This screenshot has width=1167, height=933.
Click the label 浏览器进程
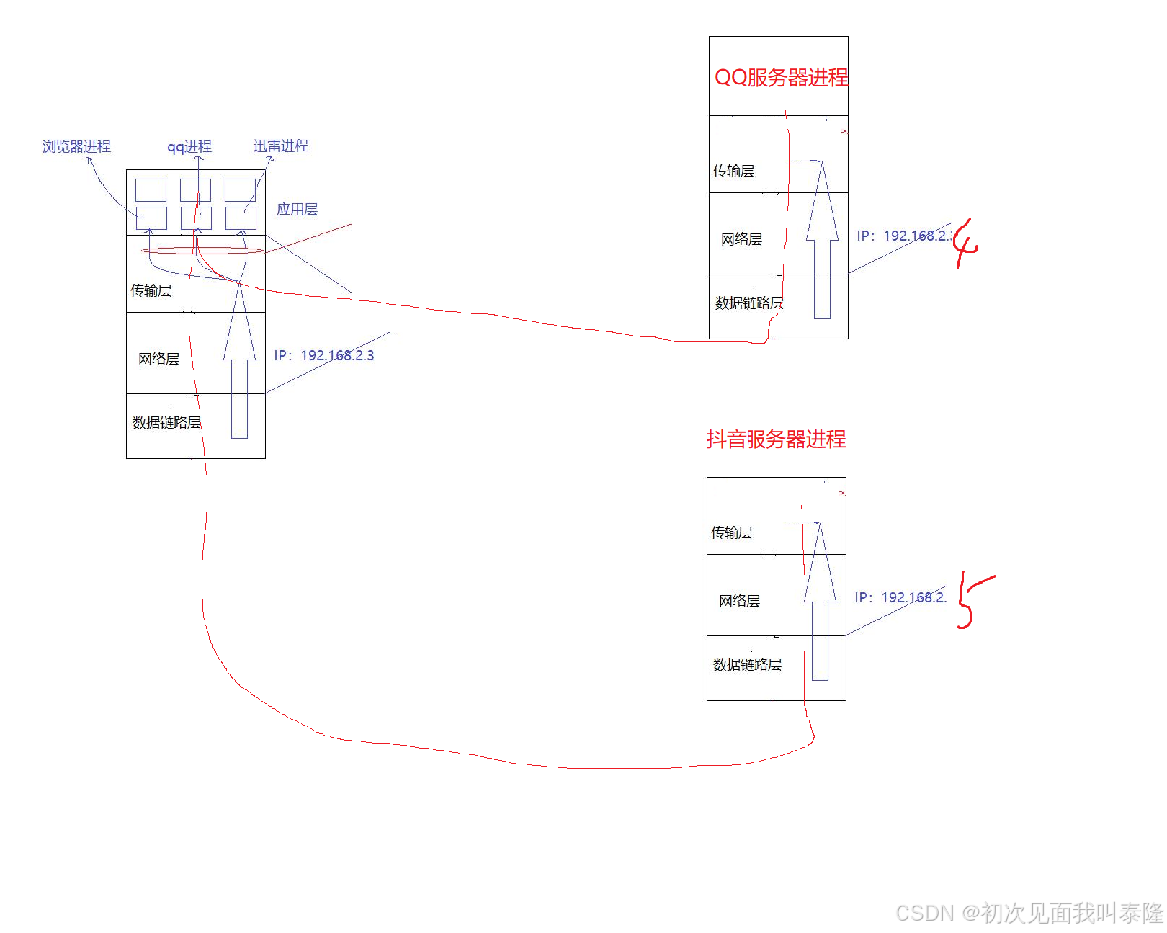click(x=76, y=146)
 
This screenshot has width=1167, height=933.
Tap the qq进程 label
click(x=189, y=147)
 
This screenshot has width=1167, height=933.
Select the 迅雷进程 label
click(x=281, y=146)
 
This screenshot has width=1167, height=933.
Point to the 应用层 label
click(x=297, y=209)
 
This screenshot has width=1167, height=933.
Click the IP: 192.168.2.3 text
click(x=324, y=355)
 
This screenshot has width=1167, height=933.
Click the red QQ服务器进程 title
click(x=781, y=77)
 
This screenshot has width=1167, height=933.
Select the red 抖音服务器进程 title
click(x=777, y=439)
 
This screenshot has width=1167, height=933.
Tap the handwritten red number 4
click(x=965, y=244)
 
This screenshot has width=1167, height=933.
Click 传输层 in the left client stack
click(x=151, y=290)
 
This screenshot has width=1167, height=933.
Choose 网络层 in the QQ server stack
click(x=741, y=239)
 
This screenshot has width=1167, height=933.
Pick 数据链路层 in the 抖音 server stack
click(x=747, y=664)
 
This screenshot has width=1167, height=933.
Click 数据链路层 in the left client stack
click(x=166, y=422)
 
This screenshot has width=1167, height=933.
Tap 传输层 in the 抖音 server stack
click(x=732, y=532)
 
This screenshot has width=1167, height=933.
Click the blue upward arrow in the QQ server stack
click(x=822, y=245)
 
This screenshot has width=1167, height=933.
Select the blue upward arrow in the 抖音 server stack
click(x=820, y=605)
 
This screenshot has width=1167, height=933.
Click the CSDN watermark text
click(x=1029, y=913)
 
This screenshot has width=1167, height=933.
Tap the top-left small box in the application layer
click(x=151, y=190)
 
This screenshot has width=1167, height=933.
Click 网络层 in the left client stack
click(x=158, y=359)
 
